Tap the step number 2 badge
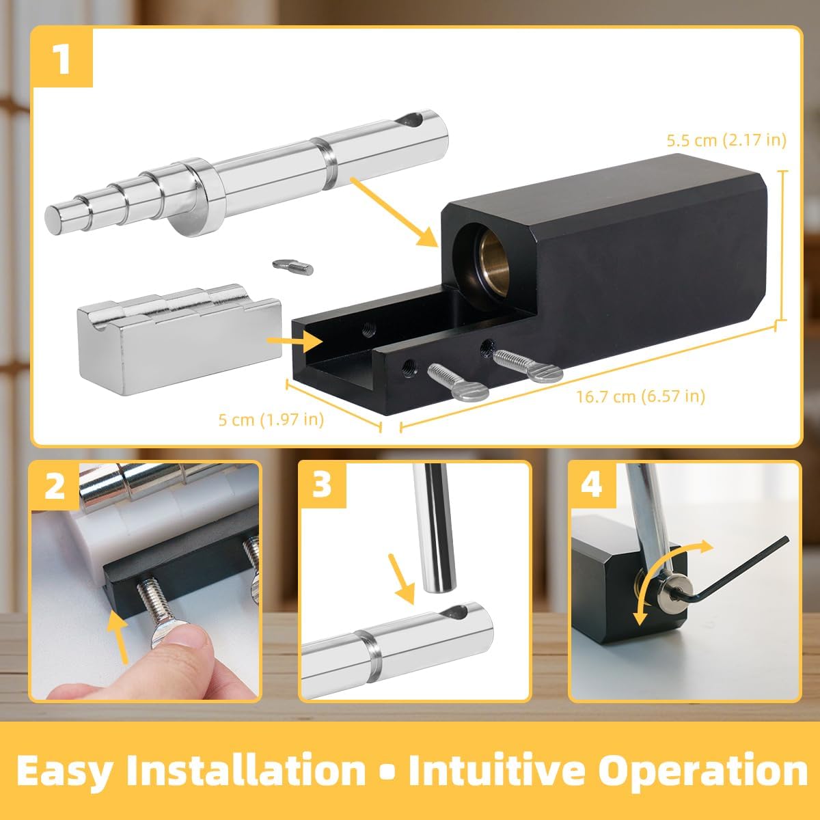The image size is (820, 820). click(55, 487)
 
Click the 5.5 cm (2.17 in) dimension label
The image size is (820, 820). click(726, 140)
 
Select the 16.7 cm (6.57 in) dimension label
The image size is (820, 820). click(640, 396)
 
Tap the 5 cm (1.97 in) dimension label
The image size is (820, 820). click(271, 419)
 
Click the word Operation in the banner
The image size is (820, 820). click(703, 770)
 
